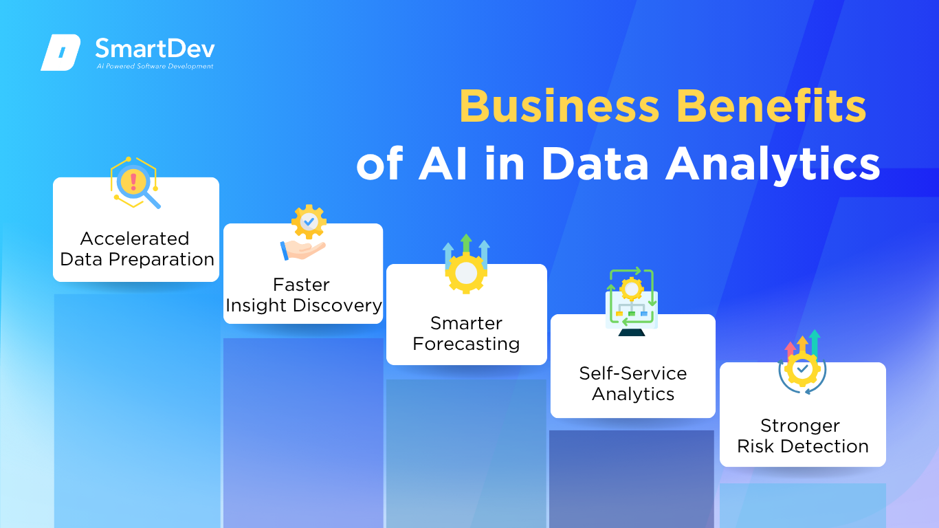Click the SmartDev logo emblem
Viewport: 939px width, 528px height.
pyautogui.click(x=60, y=52)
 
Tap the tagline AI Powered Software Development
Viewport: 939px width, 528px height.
pyautogui.click(x=155, y=66)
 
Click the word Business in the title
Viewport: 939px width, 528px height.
pyautogui.click(x=560, y=106)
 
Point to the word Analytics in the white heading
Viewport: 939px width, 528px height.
pyautogui.click(x=773, y=165)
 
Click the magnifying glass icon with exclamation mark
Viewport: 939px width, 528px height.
pyautogui.click(x=135, y=184)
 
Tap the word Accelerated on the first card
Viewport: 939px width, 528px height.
pyautogui.click(x=135, y=239)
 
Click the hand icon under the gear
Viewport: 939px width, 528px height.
pyautogui.click(x=302, y=250)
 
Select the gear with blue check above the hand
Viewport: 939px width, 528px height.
pyautogui.click(x=309, y=221)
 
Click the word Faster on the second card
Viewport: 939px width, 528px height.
pyautogui.click(x=301, y=285)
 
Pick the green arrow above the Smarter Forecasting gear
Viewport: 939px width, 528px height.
pyautogui.click(x=466, y=243)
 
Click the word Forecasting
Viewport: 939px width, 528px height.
pyautogui.click(x=466, y=344)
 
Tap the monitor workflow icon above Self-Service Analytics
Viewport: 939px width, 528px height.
pyautogui.click(x=632, y=302)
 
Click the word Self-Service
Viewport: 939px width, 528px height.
pyautogui.click(x=633, y=373)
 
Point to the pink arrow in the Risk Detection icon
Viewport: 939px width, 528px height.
pyautogui.click(x=791, y=349)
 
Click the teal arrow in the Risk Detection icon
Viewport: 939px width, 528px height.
pyautogui.click(x=815, y=342)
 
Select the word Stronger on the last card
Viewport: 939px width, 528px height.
pyautogui.click(x=800, y=426)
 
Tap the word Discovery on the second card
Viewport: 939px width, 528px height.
pyautogui.click(x=338, y=305)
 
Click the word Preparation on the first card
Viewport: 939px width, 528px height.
pyautogui.click(x=162, y=259)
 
